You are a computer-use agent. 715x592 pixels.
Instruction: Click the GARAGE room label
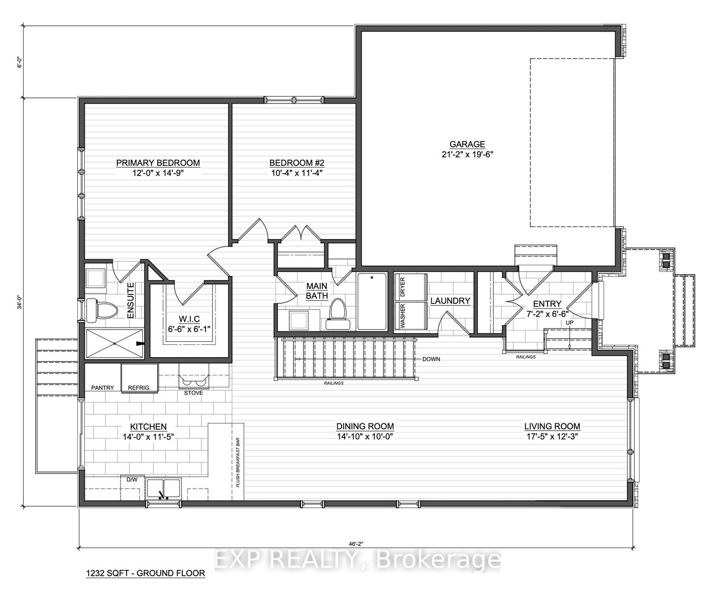[x=467, y=145]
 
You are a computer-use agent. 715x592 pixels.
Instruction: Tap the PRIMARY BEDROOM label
[x=158, y=163]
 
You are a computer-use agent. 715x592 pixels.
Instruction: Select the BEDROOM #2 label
[x=297, y=163]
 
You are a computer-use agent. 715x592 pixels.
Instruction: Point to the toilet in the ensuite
[x=102, y=311]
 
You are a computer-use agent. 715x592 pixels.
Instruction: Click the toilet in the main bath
[x=338, y=314]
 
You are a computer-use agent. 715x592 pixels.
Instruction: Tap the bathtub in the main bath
[x=372, y=301]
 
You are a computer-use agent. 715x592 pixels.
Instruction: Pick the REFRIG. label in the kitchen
[x=139, y=388]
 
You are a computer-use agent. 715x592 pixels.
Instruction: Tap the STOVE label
[x=194, y=393]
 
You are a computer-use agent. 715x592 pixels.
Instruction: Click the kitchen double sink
[x=163, y=488]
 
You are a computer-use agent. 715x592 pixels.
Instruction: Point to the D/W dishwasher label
[x=132, y=480]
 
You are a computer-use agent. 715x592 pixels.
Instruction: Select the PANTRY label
[x=102, y=388]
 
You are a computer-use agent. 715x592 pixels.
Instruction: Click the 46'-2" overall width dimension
[x=356, y=543]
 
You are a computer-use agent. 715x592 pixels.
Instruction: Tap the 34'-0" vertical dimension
[x=20, y=303]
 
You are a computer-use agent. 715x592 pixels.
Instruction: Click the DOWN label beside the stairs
[x=431, y=359]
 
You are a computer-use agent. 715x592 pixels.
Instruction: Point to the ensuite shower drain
[x=114, y=343]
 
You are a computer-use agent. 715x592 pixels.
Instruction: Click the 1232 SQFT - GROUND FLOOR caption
[x=145, y=573]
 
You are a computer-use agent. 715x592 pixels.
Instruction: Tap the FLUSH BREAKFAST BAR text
[x=238, y=463]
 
